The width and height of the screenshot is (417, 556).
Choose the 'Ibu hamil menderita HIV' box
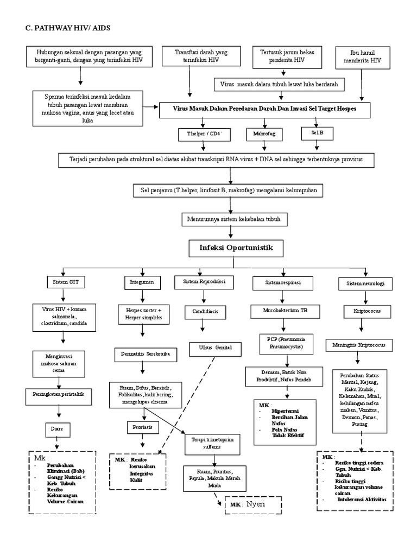pos(363,57)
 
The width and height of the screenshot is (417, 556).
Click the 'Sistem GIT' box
pos(66,283)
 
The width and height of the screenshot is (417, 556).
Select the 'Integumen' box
pos(143,283)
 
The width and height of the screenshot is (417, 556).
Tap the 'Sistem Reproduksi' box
pos(205,282)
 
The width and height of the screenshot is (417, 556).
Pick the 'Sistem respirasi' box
pos(283,283)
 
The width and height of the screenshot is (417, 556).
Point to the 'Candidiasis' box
pos(205,312)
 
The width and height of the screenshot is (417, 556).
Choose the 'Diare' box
pos(58,428)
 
